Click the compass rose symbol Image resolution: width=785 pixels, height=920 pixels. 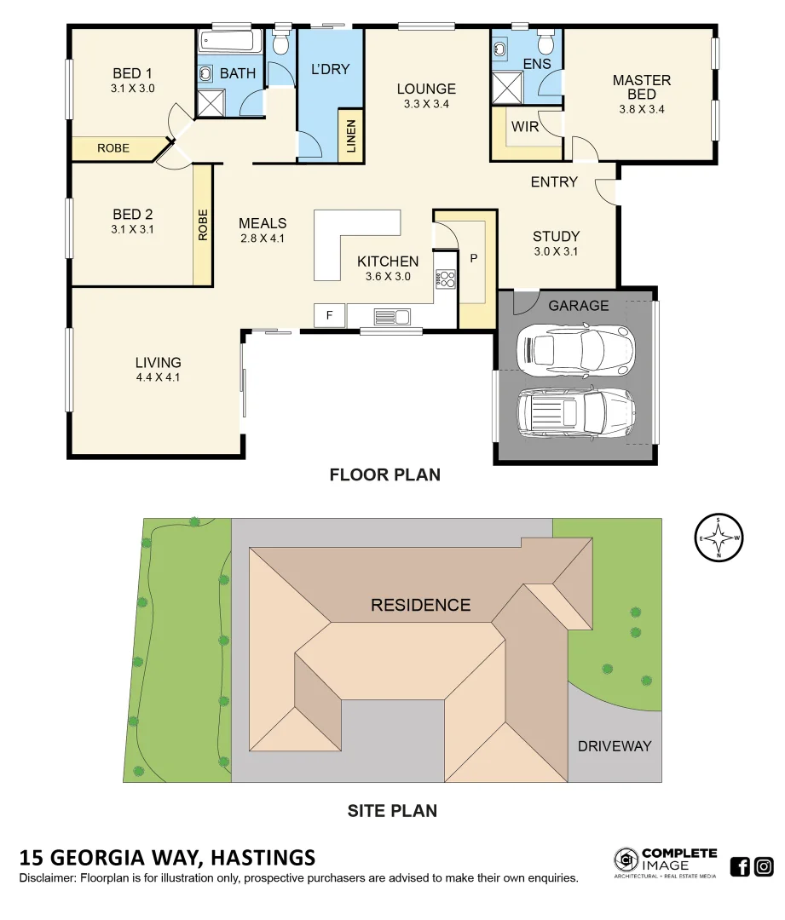click(719, 538)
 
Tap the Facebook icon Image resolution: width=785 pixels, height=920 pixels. click(740, 867)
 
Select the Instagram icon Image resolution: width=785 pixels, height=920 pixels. click(764, 867)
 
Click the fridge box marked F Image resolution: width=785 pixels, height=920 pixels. click(329, 315)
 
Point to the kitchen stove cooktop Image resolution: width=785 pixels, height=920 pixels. click(446, 279)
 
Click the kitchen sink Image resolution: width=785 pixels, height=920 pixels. click(392, 317)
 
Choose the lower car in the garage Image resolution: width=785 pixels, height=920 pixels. click(575, 412)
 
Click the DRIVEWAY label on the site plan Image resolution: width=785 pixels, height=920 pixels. click(614, 746)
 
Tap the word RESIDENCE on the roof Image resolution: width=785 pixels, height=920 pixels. click(420, 605)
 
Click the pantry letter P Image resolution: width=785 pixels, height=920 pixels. click(474, 256)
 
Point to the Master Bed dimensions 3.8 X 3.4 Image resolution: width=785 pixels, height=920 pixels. click(641, 109)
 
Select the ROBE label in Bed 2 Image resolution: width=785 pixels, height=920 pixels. click(203, 225)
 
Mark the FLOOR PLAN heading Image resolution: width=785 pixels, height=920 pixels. click(385, 475)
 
